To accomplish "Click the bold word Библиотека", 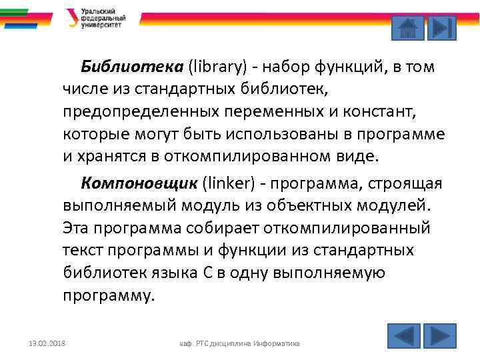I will (x=131, y=67).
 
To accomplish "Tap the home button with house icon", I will (x=406, y=28).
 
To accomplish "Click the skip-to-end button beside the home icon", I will (x=441, y=28).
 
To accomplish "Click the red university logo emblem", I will (x=72, y=18).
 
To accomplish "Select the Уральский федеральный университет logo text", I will (x=103, y=18).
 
